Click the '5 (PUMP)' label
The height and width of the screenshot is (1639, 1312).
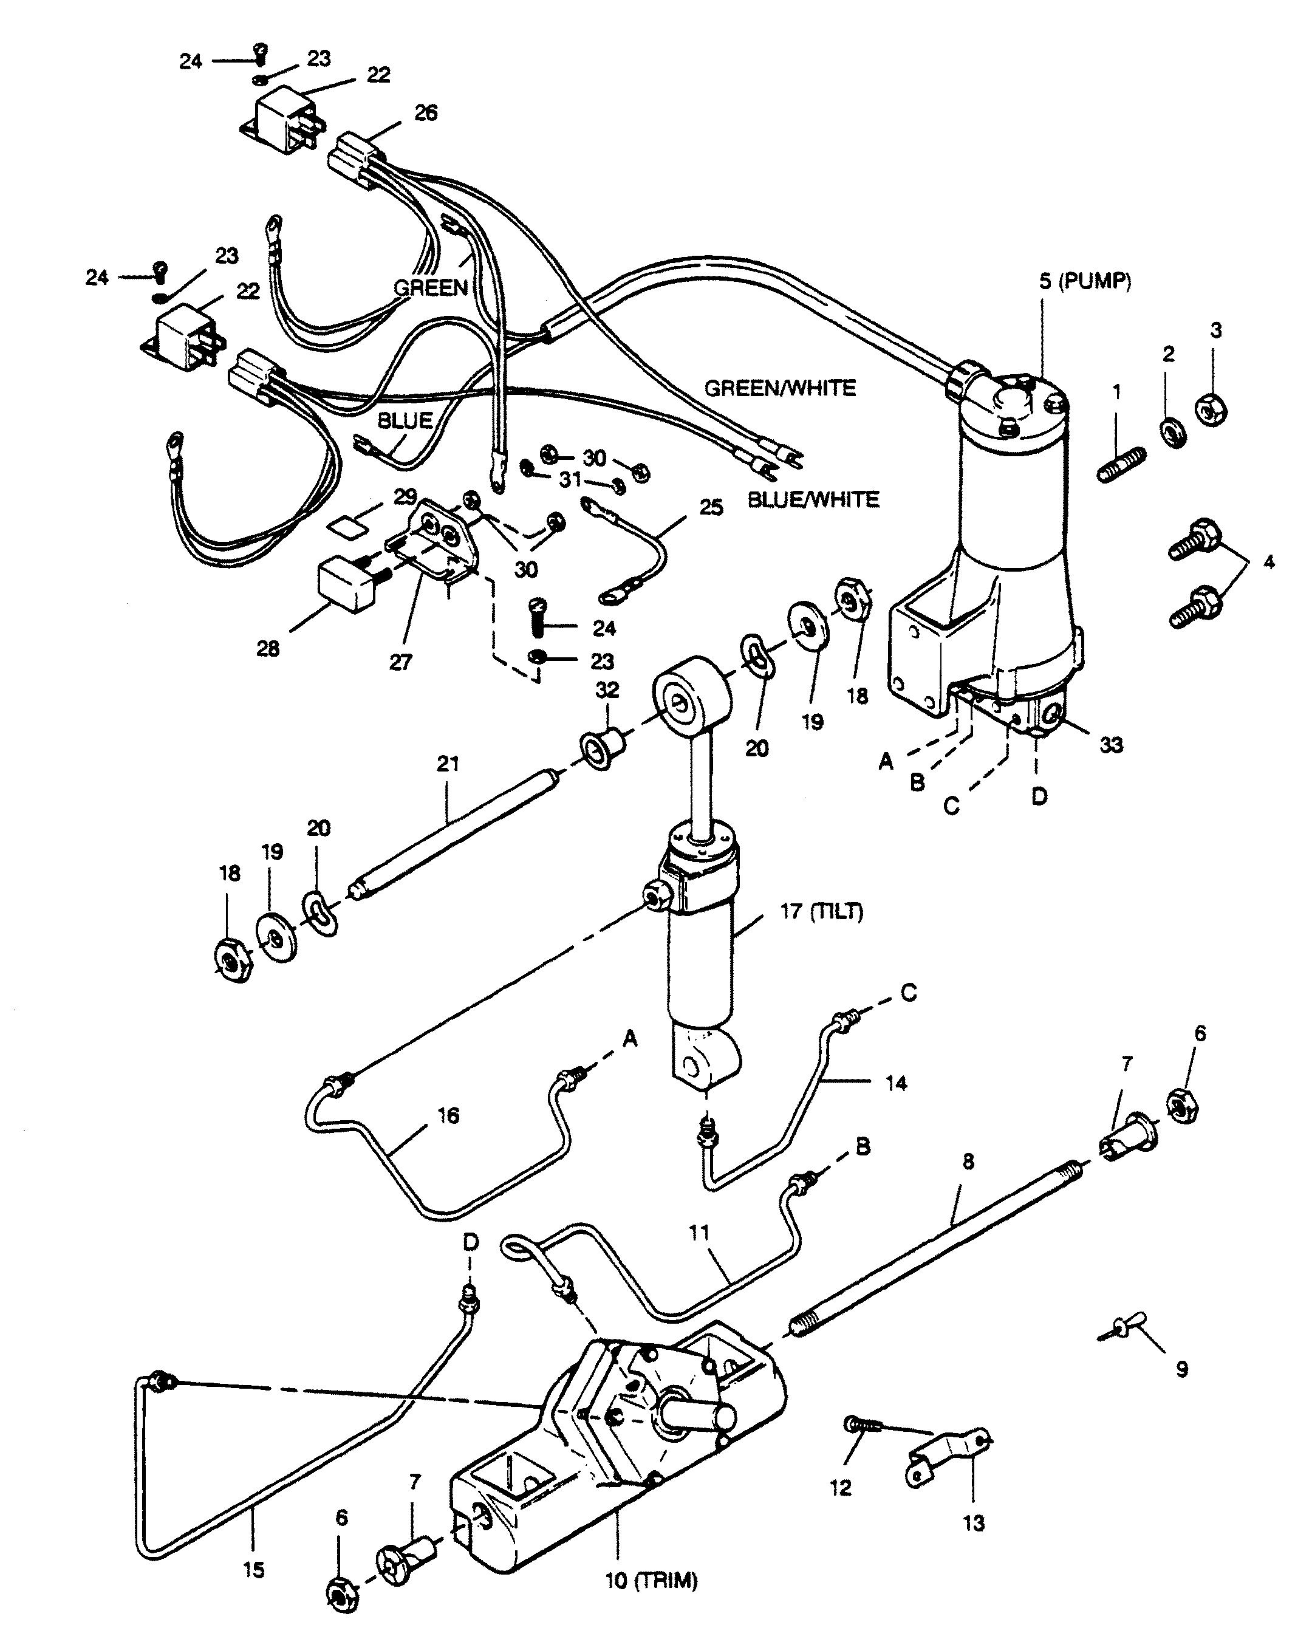pos(1085,281)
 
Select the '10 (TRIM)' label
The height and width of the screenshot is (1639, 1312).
pos(651,1582)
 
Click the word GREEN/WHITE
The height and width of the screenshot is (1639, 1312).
pos(780,388)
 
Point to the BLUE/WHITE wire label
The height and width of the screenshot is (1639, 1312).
pos(813,499)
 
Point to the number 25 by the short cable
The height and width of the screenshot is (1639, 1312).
pos(711,507)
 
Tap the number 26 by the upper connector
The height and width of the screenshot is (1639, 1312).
pos(426,112)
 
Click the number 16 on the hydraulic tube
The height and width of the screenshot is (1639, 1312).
pos(448,1115)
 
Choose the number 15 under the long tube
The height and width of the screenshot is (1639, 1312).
pos(254,1569)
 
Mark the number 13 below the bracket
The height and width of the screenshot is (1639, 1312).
pos(974,1523)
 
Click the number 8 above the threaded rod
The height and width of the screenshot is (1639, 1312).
pos(968,1162)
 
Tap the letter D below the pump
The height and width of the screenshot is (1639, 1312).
pos(1039,796)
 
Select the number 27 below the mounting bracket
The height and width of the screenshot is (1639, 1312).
pos(400,662)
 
